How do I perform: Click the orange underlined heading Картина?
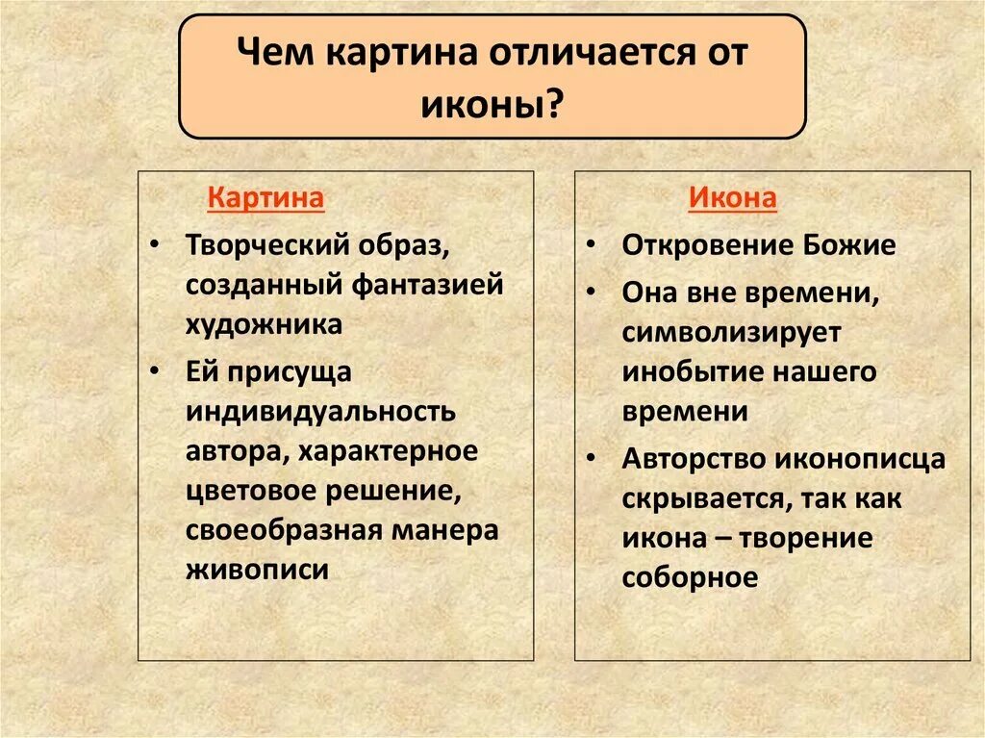(266, 199)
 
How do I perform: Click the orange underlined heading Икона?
(732, 199)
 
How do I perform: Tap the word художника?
(264, 324)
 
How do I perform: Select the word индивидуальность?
(320, 411)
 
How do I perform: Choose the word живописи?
(257, 570)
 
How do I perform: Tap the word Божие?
(850, 245)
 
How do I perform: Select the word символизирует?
(731, 332)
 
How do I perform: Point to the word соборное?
(690, 577)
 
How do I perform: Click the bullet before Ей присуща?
(155, 371)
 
